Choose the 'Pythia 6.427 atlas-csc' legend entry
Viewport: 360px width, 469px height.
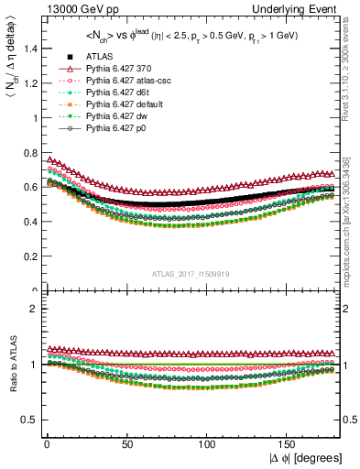[x=118, y=82]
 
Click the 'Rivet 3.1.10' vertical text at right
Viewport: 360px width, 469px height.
[x=353, y=73]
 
